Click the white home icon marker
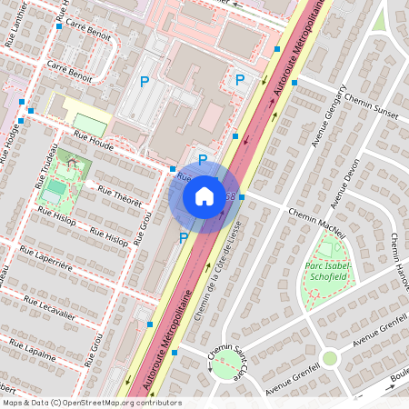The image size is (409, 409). click(204, 195)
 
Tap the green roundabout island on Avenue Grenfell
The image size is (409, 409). click(329, 358)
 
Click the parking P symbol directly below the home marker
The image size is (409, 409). click(183, 238)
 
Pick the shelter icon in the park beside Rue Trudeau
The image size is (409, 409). click(72, 162)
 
